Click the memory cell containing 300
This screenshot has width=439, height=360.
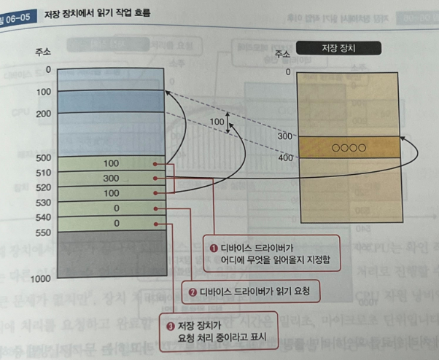point(110,178)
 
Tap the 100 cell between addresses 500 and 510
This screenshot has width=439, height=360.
point(110,164)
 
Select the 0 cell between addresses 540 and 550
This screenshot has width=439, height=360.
point(110,223)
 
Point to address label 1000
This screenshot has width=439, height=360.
point(41,279)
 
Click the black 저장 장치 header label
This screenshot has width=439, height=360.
point(343,50)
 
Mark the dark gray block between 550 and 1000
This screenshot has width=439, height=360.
point(110,254)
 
